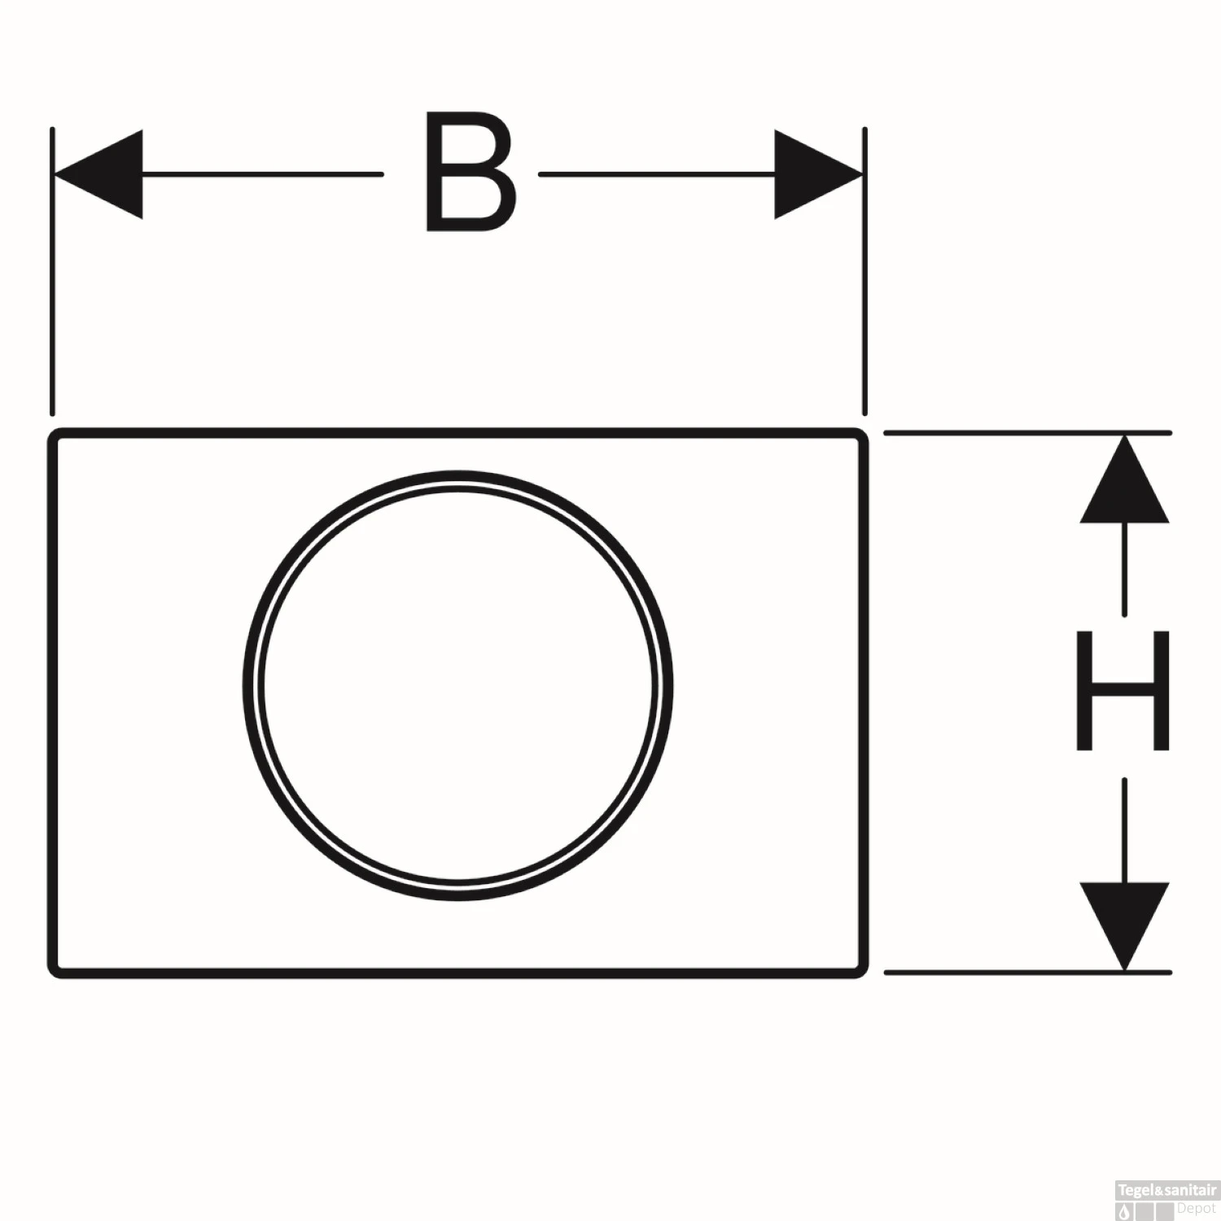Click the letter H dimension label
coord(1123,690)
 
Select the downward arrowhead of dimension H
coord(1124,925)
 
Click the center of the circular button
coord(457,685)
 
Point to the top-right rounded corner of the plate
coord(860,435)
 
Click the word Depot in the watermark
coord(1196,1208)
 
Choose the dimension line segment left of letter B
coord(260,174)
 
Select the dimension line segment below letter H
coord(1124,830)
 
